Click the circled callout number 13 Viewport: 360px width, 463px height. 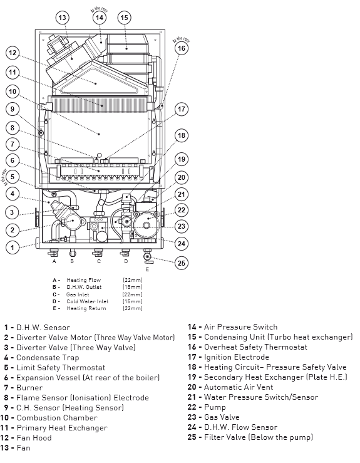coord(62,18)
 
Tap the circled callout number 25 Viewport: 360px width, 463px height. coord(181,263)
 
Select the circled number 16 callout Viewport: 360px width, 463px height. coord(181,48)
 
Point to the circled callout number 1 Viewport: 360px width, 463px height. coord(13,247)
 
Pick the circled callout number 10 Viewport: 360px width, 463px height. coord(13,91)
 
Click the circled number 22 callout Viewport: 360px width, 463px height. coord(181,211)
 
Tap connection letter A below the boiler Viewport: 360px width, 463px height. coord(54,261)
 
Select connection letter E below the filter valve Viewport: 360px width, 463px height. coord(147,269)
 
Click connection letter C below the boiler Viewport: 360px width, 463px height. coord(99,261)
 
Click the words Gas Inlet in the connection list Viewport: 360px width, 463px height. coord(78,294)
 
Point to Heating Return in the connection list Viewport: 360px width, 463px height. coord(86,308)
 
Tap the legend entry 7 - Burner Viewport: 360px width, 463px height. coord(23,387)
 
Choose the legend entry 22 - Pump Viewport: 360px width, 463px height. coord(207,407)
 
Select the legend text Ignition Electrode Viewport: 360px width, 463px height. coord(237,357)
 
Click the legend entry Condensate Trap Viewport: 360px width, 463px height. coord(48,358)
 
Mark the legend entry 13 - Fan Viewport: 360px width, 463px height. coord(16,447)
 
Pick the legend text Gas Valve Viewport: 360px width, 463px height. coord(222,417)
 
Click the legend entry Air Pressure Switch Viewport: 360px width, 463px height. coord(241,327)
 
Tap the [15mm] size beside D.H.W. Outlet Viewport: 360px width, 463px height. coord(133,287)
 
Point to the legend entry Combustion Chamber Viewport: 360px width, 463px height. coord(57,417)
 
